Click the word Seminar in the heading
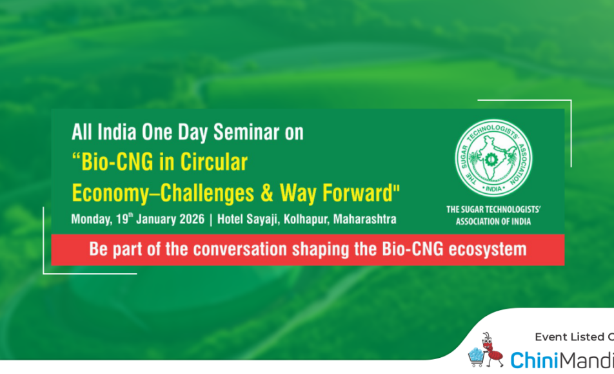pyautogui.click(x=246, y=132)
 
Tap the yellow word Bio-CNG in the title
pyautogui.click(x=117, y=162)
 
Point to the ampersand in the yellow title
pyautogui.click(x=266, y=193)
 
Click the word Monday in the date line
pyautogui.click(x=92, y=219)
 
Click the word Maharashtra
pyautogui.click(x=364, y=219)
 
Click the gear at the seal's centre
pyautogui.click(x=490, y=160)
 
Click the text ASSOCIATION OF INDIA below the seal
pyautogui.click(x=493, y=222)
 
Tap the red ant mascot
pyautogui.click(x=491, y=349)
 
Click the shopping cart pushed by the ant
pyautogui.click(x=477, y=357)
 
